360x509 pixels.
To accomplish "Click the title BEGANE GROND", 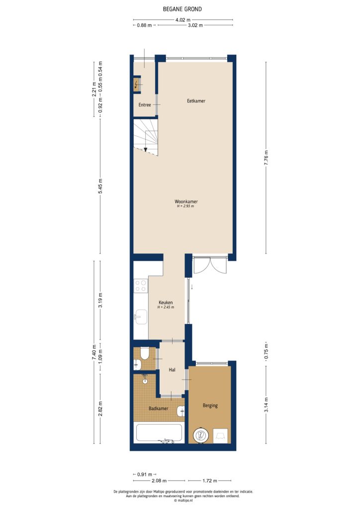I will coord(182,9).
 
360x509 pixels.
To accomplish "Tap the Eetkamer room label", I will coord(196,101).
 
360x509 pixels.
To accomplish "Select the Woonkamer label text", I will coord(186,202).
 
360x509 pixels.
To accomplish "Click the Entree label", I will coord(145,105).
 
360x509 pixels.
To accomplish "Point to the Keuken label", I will coord(166,303).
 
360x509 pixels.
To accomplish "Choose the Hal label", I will coord(172,370).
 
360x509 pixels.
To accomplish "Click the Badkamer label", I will coord(158,409).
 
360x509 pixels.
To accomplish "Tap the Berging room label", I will coord(210,406).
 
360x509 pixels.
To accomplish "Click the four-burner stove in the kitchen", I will coord(141,285).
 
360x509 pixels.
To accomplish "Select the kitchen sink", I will coord(141,316).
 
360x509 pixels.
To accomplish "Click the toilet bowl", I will coord(145,353).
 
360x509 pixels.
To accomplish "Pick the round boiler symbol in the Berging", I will coord(201,435).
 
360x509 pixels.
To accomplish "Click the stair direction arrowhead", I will coord(145,150).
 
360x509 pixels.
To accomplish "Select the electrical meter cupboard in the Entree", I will coord(137,85).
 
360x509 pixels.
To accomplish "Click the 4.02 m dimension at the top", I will coord(182,19).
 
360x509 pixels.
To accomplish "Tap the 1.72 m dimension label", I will coord(209,481).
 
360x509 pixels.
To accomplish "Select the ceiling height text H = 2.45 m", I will coord(166,308).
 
